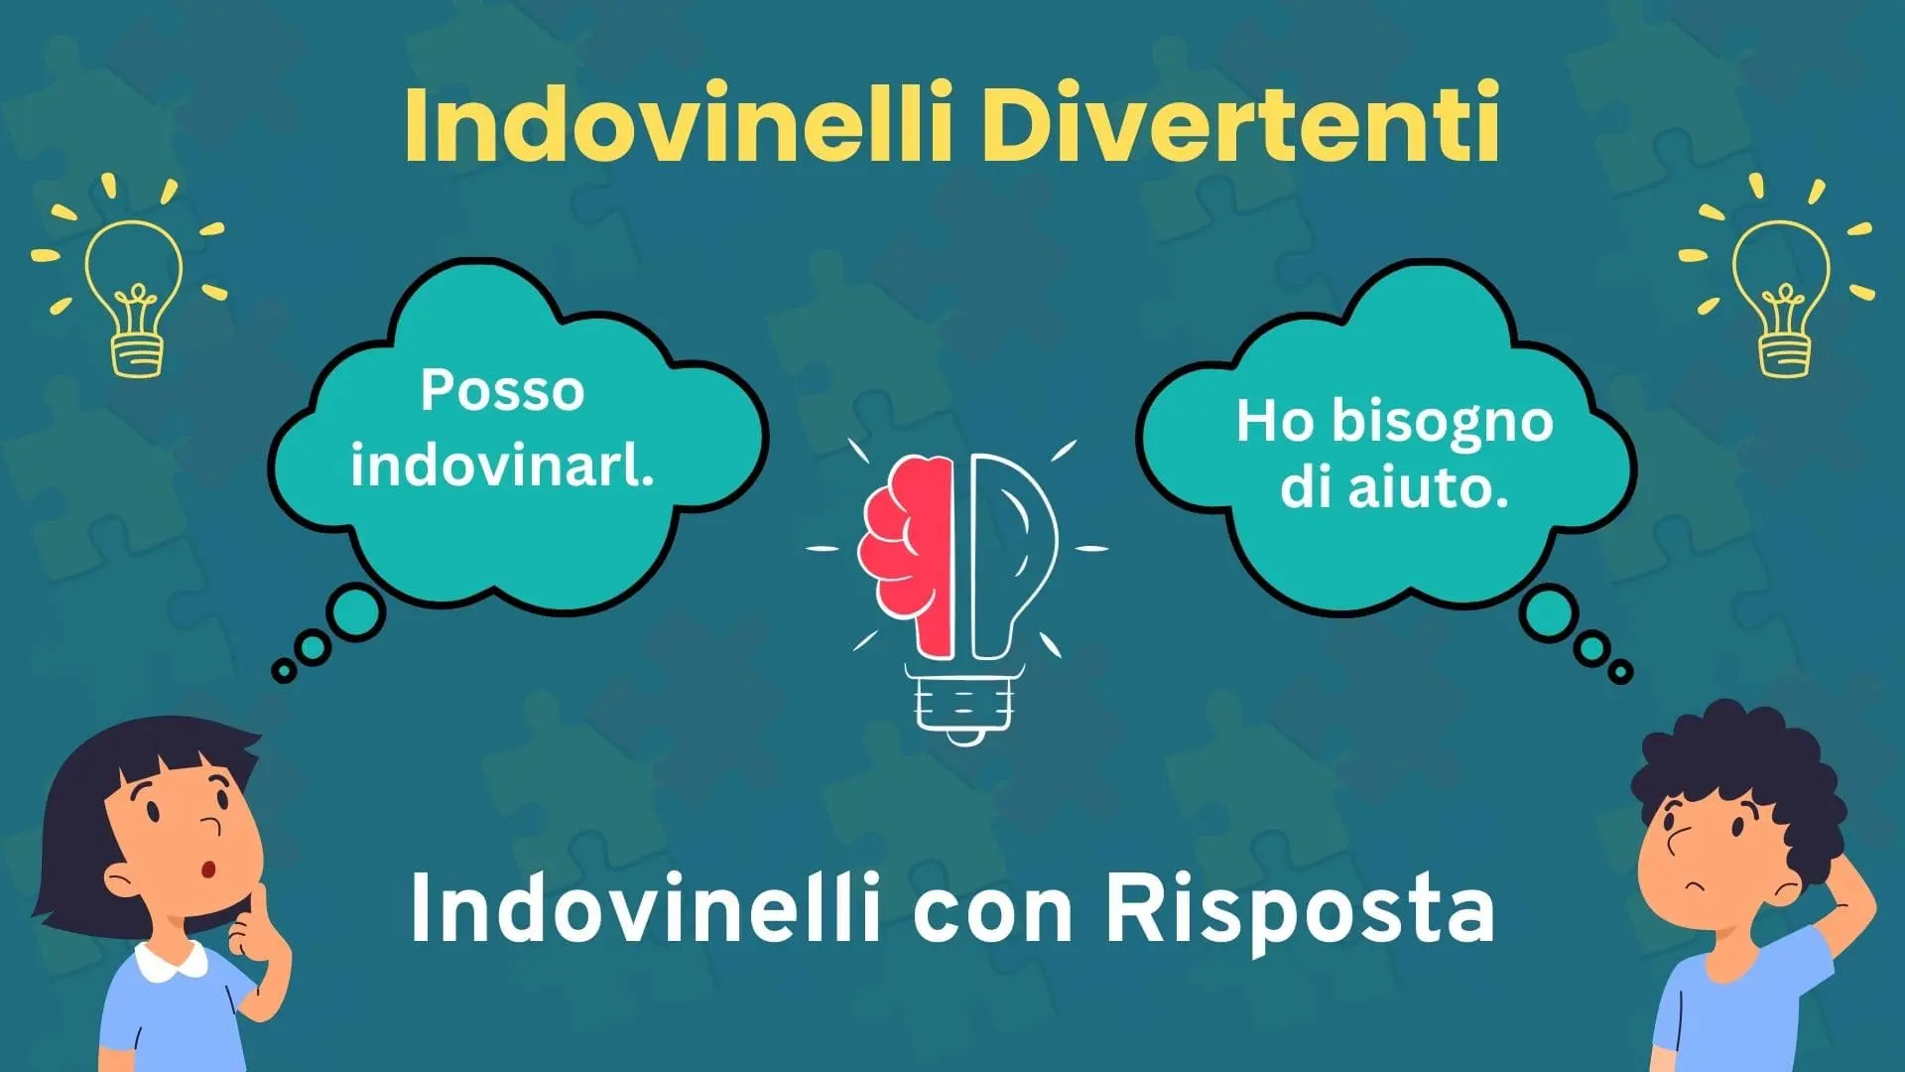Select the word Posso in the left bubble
pyautogui.click(x=502, y=390)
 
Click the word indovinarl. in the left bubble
pyautogui.click(x=502, y=464)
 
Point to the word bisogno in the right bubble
pyautogui.click(x=1442, y=423)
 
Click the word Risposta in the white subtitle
pyautogui.click(x=1300, y=910)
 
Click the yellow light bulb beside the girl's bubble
pyautogui.click(x=133, y=288)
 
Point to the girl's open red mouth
pyautogui.click(x=209, y=871)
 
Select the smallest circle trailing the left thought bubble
pyautogui.click(x=284, y=671)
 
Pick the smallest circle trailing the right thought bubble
pyautogui.click(x=1620, y=672)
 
